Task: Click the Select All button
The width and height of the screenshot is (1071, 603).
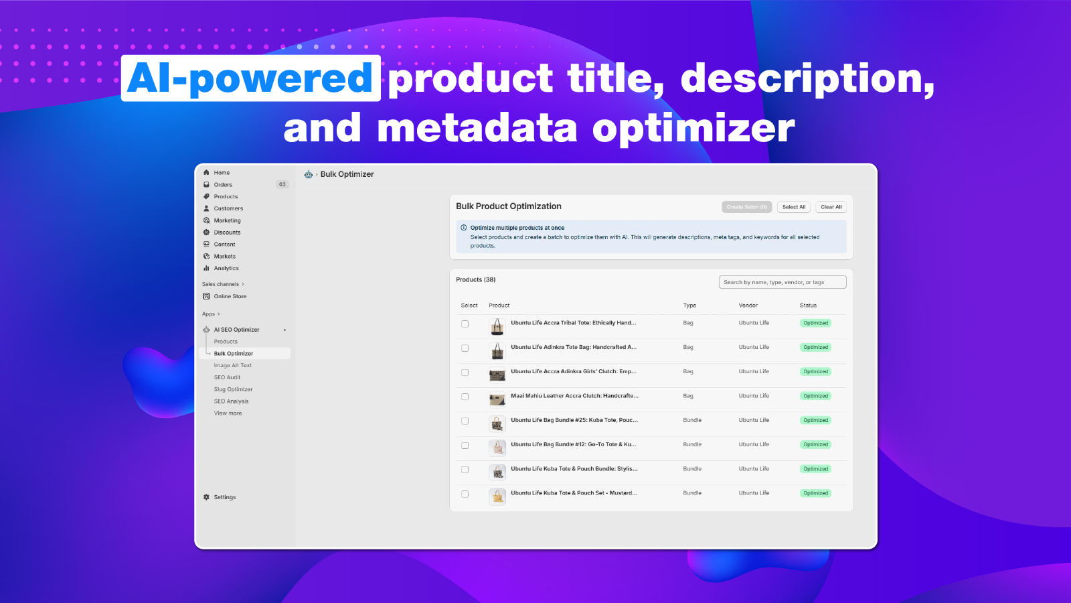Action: click(x=793, y=207)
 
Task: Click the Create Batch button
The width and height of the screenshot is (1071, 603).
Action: click(x=746, y=207)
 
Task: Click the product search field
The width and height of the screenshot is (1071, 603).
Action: click(x=782, y=282)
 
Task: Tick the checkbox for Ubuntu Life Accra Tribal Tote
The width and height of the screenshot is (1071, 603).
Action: click(x=465, y=324)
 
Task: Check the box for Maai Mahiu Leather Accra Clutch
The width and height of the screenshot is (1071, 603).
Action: click(x=465, y=397)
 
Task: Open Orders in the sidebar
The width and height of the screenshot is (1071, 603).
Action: click(x=223, y=185)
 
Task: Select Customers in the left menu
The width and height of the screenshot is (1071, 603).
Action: click(x=228, y=208)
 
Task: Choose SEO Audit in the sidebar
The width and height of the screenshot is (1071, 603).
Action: click(x=227, y=377)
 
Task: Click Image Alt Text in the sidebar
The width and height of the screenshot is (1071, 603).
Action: click(x=232, y=365)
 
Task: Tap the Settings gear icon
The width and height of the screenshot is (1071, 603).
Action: click(x=206, y=497)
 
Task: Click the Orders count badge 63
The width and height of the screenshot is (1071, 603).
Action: click(x=282, y=185)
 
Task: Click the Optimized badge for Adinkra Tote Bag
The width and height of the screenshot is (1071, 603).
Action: click(x=815, y=347)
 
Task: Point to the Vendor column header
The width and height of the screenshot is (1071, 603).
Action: click(x=748, y=306)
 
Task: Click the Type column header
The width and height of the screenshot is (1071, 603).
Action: click(x=689, y=306)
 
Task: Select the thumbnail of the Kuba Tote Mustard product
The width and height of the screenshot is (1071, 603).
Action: click(x=497, y=496)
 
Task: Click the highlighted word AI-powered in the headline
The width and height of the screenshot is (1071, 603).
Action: click(x=250, y=78)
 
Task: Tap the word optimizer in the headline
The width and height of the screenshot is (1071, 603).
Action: click(x=693, y=128)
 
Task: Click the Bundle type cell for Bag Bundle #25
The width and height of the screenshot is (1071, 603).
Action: click(x=692, y=420)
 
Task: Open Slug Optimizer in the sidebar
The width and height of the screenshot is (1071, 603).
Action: click(x=233, y=389)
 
